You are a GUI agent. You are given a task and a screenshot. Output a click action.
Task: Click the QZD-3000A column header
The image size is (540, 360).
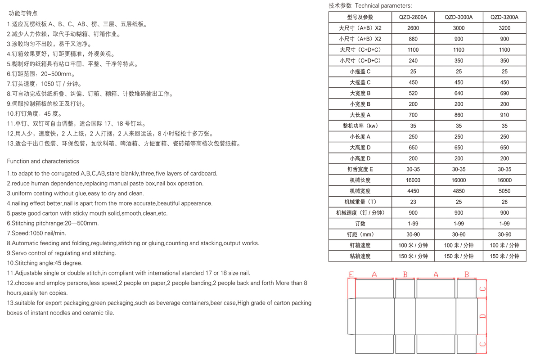(x=459, y=17)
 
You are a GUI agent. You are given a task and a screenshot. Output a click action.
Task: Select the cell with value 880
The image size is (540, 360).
(x=413, y=39)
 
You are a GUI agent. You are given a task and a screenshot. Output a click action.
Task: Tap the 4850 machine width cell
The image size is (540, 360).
(x=459, y=191)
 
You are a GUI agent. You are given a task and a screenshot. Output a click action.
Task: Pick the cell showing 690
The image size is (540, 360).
(x=504, y=93)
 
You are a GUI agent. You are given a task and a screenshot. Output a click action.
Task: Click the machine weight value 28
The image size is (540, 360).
(x=504, y=202)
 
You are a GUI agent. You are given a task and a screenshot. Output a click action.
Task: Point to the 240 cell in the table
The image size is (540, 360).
(x=413, y=60)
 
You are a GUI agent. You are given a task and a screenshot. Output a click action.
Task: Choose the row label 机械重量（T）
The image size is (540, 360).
(x=360, y=202)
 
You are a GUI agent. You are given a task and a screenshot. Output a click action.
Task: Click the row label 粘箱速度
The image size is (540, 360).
(x=360, y=256)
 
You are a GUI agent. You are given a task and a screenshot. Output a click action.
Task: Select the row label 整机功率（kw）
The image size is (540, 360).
(x=360, y=126)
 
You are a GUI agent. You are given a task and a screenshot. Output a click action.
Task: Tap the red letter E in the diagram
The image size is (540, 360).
(x=351, y=274)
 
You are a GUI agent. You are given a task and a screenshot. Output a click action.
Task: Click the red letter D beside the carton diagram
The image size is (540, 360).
(x=483, y=316)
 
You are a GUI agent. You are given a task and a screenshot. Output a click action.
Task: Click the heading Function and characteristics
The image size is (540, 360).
(x=43, y=161)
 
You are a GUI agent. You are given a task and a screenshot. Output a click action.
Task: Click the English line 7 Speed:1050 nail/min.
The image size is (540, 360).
(x=36, y=233)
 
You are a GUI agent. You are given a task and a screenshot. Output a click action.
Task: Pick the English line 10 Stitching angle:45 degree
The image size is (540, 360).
(x=45, y=263)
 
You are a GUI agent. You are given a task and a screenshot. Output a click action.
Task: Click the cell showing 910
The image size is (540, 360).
(x=504, y=115)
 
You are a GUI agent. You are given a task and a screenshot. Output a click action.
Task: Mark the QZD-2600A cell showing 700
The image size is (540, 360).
(x=413, y=115)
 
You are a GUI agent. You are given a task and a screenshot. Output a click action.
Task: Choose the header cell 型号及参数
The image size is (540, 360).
(x=360, y=17)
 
